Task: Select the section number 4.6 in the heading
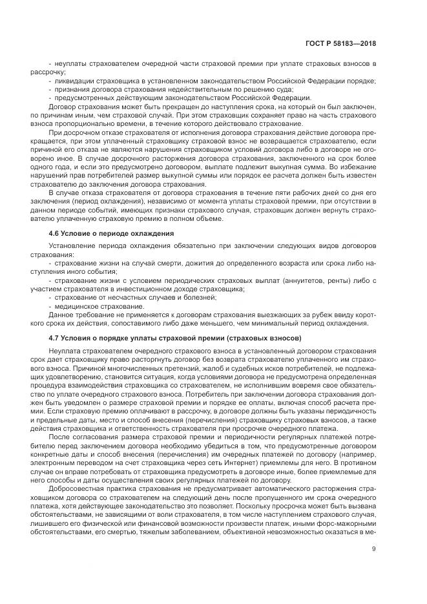(x=56, y=233)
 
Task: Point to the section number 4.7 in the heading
(x=56, y=338)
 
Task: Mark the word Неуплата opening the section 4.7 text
(x=65, y=349)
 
